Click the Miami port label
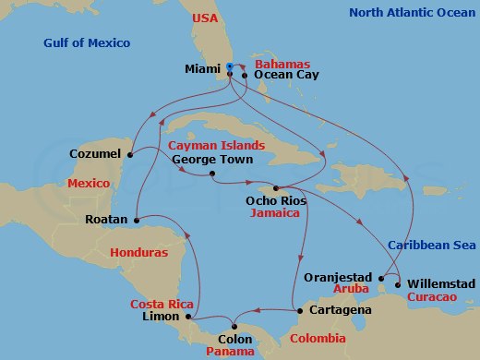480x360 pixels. click(202, 68)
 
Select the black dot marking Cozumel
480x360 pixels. click(130, 154)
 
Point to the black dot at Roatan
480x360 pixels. click(135, 221)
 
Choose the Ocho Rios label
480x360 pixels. click(276, 199)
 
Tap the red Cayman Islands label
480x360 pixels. click(216, 146)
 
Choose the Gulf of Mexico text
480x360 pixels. click(87, 43)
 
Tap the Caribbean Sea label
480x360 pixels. click(432, 245)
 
